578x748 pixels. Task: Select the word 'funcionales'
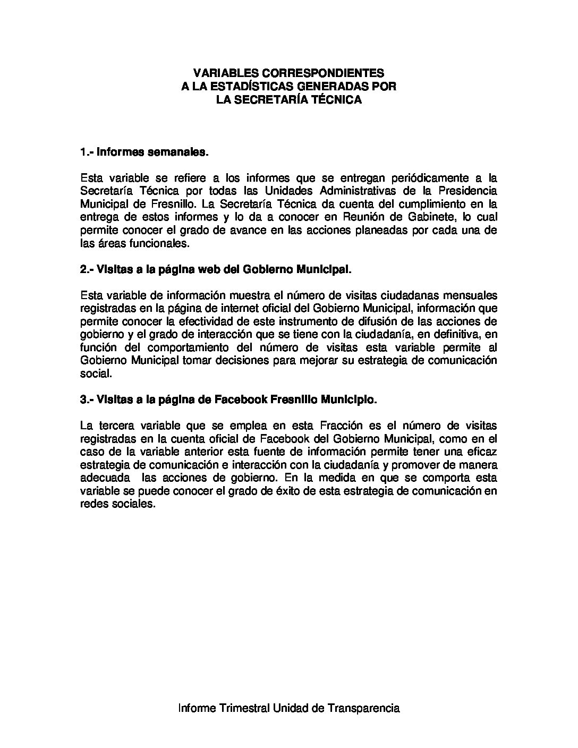click(x=161, y=243)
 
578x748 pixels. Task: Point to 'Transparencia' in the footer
click(x=364, y=708)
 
